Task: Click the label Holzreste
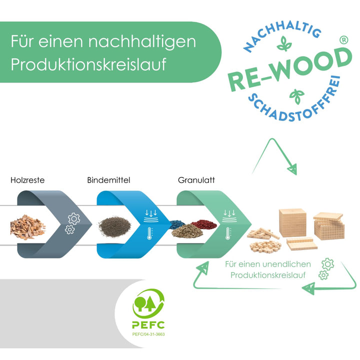point(27,180)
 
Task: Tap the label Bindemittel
point(108,180)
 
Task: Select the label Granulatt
point(196,180)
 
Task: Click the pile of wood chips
point(28,227)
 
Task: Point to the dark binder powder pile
point(115,226)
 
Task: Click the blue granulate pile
point(177,224)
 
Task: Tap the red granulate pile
point(204,224)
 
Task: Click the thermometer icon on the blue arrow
point(149,233)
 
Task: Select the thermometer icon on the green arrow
point(228,233)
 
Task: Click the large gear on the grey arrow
point(74,218)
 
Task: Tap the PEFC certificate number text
point(148,334)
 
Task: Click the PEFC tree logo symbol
point(148,303)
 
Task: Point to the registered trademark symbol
point(343,40)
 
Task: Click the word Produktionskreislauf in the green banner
point(88,64)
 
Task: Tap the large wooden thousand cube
point(292,222)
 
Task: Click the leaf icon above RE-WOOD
point(284,43)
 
